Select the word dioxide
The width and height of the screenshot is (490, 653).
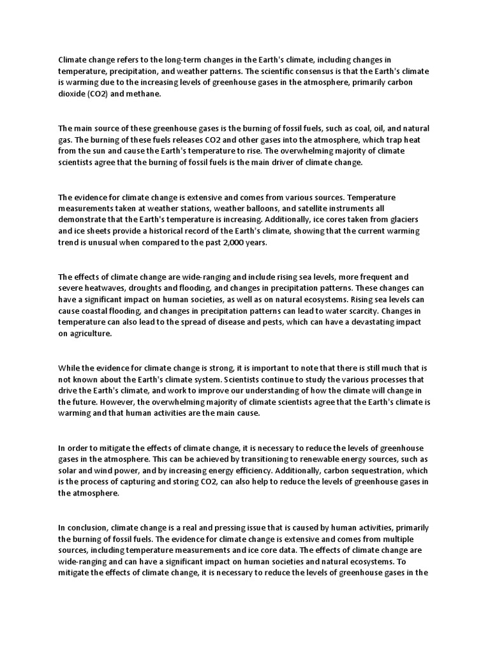71,92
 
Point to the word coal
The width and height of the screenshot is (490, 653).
335,129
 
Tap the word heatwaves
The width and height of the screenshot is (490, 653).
106,288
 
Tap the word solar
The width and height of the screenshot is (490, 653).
68,471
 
